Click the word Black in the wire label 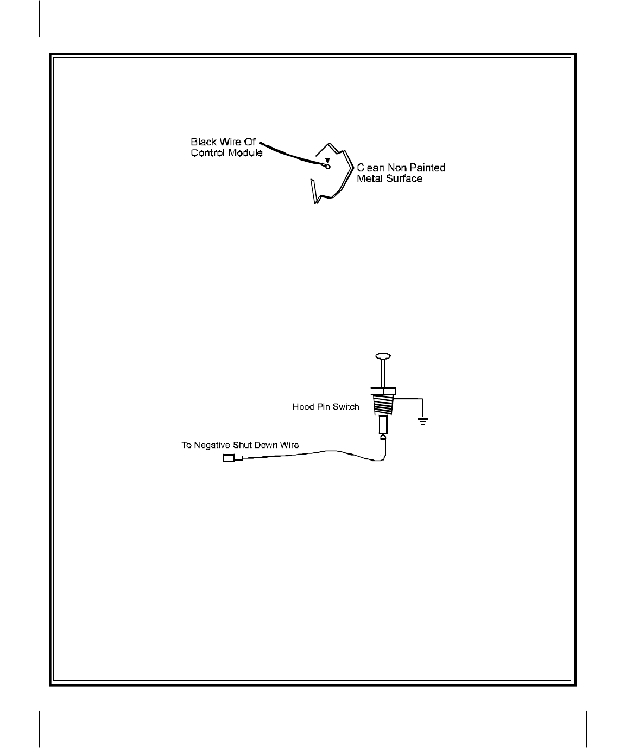coord(203,143)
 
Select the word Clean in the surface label coord(370,168)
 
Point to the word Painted coord(426,168)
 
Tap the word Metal coord(369,178)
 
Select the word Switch coord(346,407)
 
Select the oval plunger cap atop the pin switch coord(383,356)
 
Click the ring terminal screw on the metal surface coord(327,166)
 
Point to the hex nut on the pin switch coord(383,391)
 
